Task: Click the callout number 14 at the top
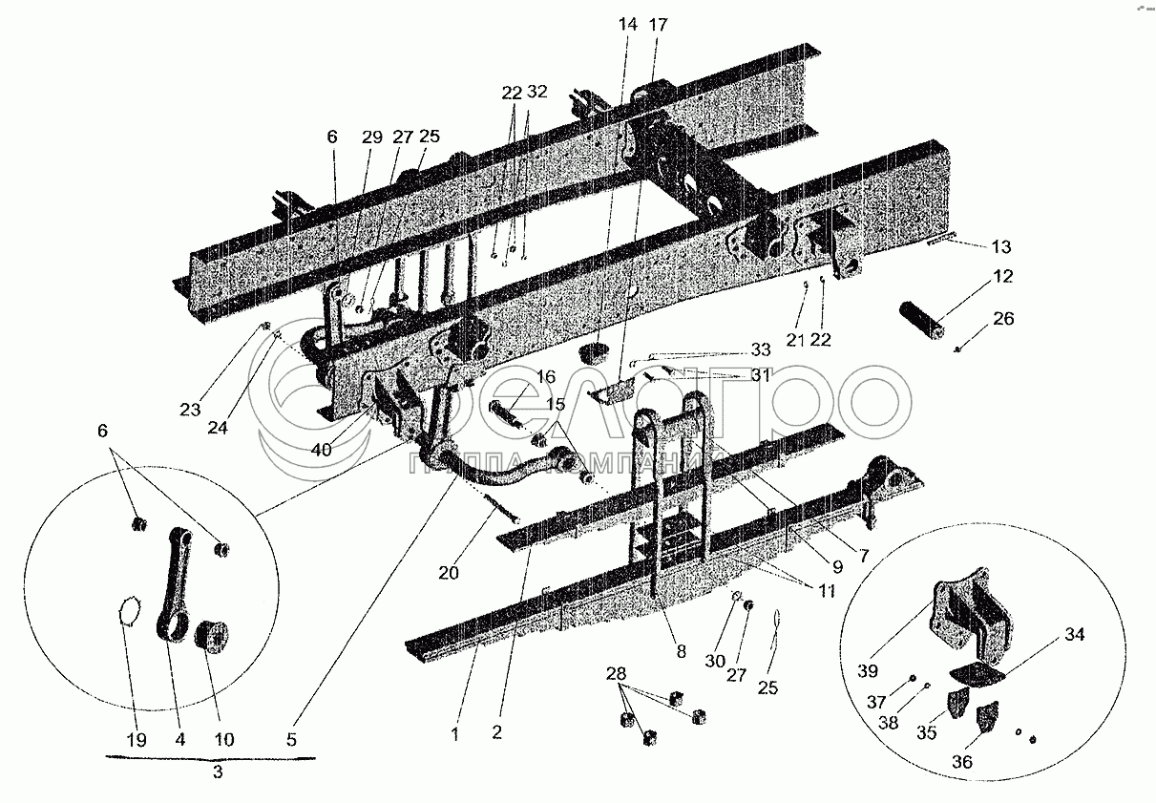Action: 627,27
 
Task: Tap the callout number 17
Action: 659,27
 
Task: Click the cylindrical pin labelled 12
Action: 922,316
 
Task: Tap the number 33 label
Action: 760,349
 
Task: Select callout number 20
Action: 449,573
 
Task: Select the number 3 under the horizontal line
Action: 217,773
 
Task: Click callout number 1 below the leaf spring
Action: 455,734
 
